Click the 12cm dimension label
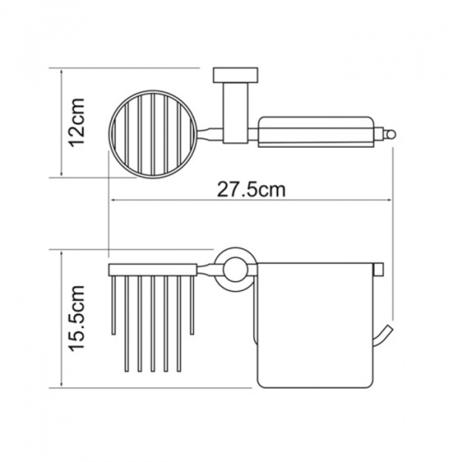(76, 122)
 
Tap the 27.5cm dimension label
(251, 189)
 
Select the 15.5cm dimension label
(76, 318)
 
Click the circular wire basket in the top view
(109, 134)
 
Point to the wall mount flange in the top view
(236, 75)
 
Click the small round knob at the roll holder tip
(391, 136)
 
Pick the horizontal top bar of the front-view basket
(152, 269)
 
